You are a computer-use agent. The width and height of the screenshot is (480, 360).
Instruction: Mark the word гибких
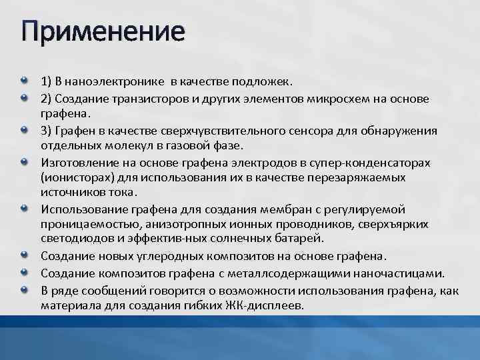click(211, 305)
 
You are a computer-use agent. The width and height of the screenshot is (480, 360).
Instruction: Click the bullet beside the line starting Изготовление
click(24, 162)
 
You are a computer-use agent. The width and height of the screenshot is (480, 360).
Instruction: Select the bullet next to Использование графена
click(24, 209)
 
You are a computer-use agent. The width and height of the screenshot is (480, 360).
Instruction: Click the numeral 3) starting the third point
click(46, 131)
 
